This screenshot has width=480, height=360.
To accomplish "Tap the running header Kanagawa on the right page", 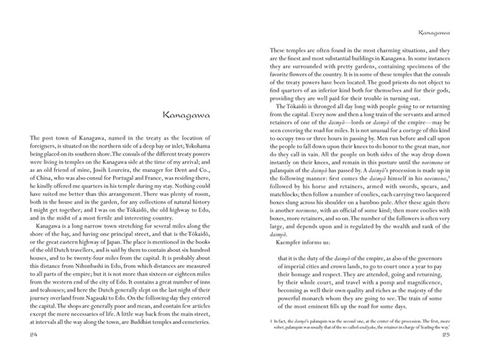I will pos(438,32).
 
